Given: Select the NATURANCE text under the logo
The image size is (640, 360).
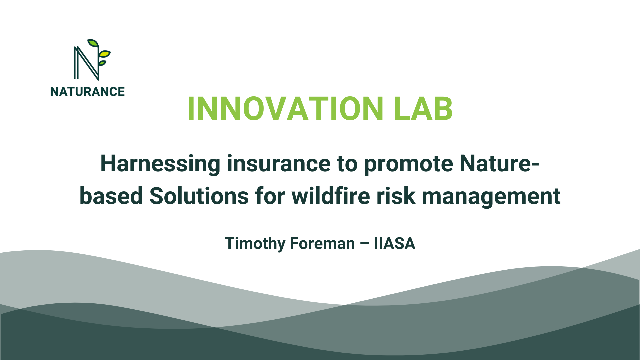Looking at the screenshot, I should (x=87, y=92).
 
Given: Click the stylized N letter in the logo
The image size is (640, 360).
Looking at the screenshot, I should (x=86, y=63).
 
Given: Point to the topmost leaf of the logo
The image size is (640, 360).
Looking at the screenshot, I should (x=93, y=43).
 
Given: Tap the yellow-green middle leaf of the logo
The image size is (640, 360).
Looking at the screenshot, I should (x=105, y=53).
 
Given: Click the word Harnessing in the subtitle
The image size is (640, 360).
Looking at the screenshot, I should (x=160, y=164).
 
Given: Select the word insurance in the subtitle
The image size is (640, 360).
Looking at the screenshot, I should (x=279, y=164).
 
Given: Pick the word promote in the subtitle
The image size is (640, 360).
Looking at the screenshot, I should (x=408, y=164).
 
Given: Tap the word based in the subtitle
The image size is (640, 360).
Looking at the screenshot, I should (x=111, y=196).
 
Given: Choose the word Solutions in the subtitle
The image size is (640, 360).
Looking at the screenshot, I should (x=199, y=196).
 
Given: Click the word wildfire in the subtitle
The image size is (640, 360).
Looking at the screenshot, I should (x=331, y=196).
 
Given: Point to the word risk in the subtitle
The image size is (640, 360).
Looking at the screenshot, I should (x=396, y=196).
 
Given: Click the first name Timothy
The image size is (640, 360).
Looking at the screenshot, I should (x=255, y=244).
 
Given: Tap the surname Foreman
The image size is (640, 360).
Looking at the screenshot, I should (x=322, y=244).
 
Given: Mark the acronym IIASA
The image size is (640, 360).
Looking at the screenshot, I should (x=395, y=244).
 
